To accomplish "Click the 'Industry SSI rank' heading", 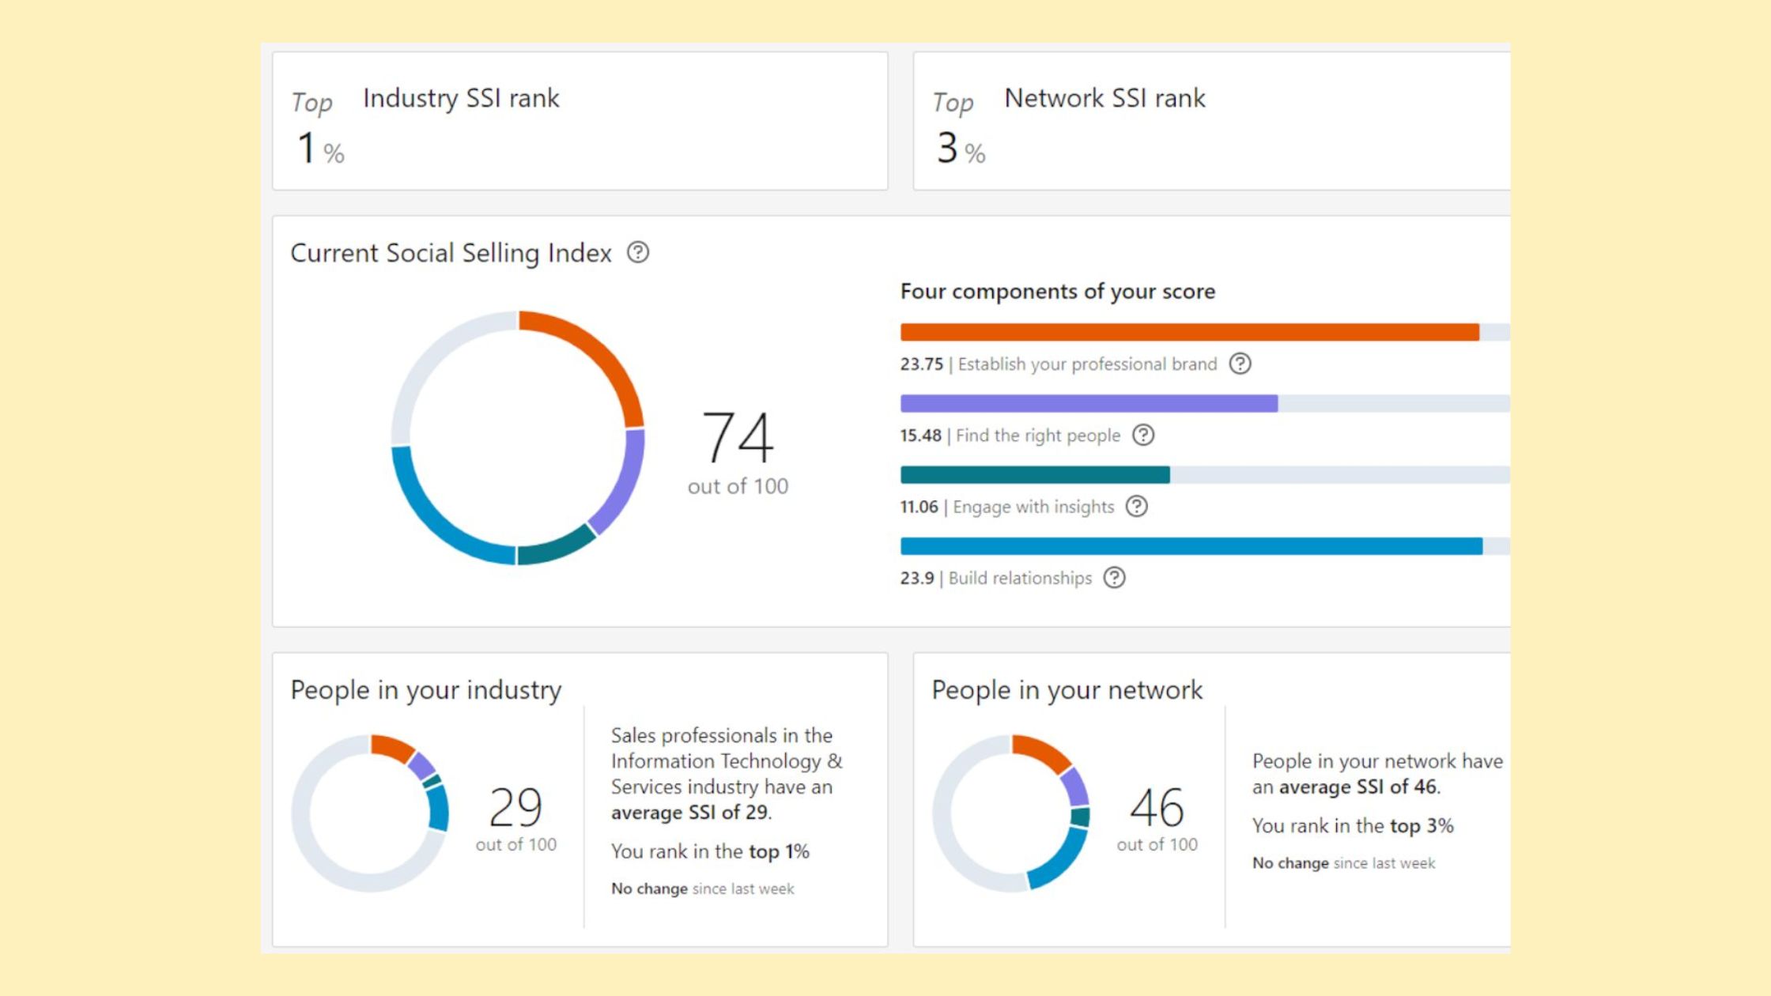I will coord(460,98).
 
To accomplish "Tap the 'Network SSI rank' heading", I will coord(1104,98).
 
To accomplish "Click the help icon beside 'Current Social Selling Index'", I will coord(638,252).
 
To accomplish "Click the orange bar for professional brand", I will coord(1189,332).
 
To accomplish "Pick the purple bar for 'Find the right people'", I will coord(1089,403).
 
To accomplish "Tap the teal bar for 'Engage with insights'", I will coord(1035,474).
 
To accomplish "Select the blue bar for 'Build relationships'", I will coord(1191,545).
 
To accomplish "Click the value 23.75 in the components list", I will coord(921,364).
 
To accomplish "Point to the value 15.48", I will coord(920,436).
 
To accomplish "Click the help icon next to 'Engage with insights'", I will coord(1136,507).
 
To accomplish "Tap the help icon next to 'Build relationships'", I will coord(1114,578).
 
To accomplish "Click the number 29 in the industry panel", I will coord(515,807).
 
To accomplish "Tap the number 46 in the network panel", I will coord(1157,807).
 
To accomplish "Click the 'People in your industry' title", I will coord(425,690).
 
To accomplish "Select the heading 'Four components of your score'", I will coord(1057,292).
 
